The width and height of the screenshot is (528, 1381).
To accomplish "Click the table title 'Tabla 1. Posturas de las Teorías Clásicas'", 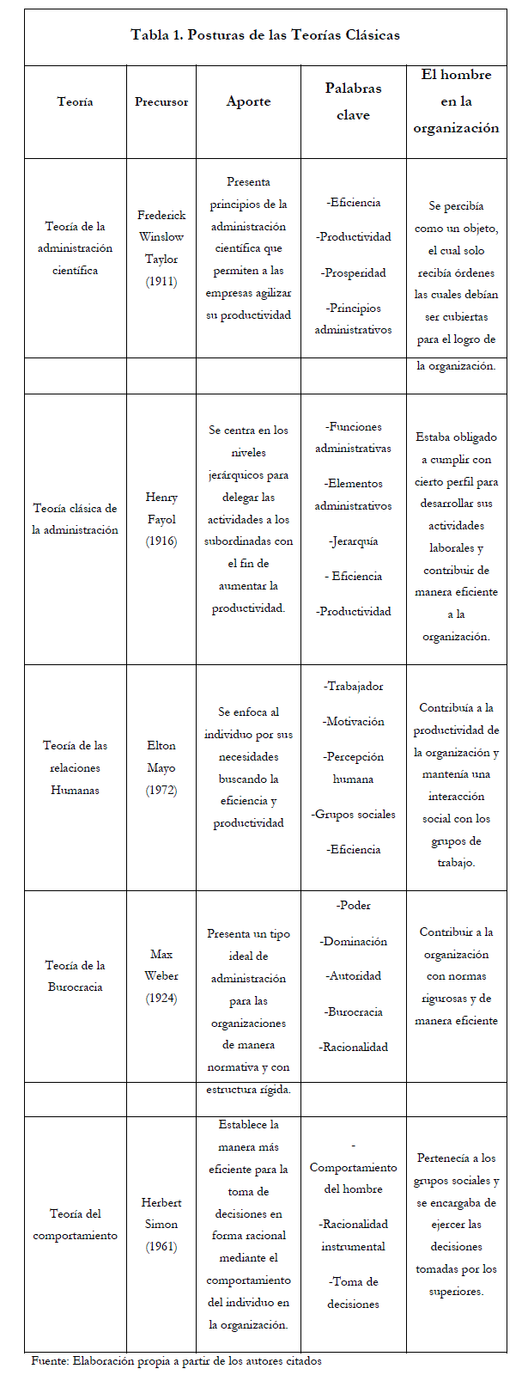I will (264, 35).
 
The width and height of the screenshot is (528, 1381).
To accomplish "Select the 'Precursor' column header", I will (161, 101).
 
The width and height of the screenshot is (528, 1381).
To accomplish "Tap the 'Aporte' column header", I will (248, 101).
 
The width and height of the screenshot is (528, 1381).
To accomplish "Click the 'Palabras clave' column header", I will (353, 101).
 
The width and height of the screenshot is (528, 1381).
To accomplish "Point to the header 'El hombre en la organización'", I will (456, 101).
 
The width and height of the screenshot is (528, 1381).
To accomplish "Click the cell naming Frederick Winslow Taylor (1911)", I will (161, 248).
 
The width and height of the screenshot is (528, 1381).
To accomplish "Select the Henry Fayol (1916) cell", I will (161, 519).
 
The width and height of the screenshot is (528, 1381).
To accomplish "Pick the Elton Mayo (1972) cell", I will (161, 767).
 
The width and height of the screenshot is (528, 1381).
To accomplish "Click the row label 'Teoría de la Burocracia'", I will (76, 976).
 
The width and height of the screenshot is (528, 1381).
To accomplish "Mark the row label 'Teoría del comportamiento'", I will (76, 1225).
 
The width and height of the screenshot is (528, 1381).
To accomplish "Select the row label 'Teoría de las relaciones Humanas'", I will (76, 767).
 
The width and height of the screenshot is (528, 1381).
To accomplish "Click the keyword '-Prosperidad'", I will (354, 273).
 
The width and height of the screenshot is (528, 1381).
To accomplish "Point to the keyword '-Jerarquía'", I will (354, 541).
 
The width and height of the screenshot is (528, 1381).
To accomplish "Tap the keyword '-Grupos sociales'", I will (354, 814).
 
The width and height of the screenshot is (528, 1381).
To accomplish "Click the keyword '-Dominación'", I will (354, 941).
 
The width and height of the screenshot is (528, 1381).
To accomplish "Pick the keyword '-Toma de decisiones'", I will (354, 1292).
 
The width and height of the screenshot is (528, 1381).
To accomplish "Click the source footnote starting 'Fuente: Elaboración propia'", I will (176, 1361).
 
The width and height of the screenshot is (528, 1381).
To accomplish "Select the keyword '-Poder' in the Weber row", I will (354, 905).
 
